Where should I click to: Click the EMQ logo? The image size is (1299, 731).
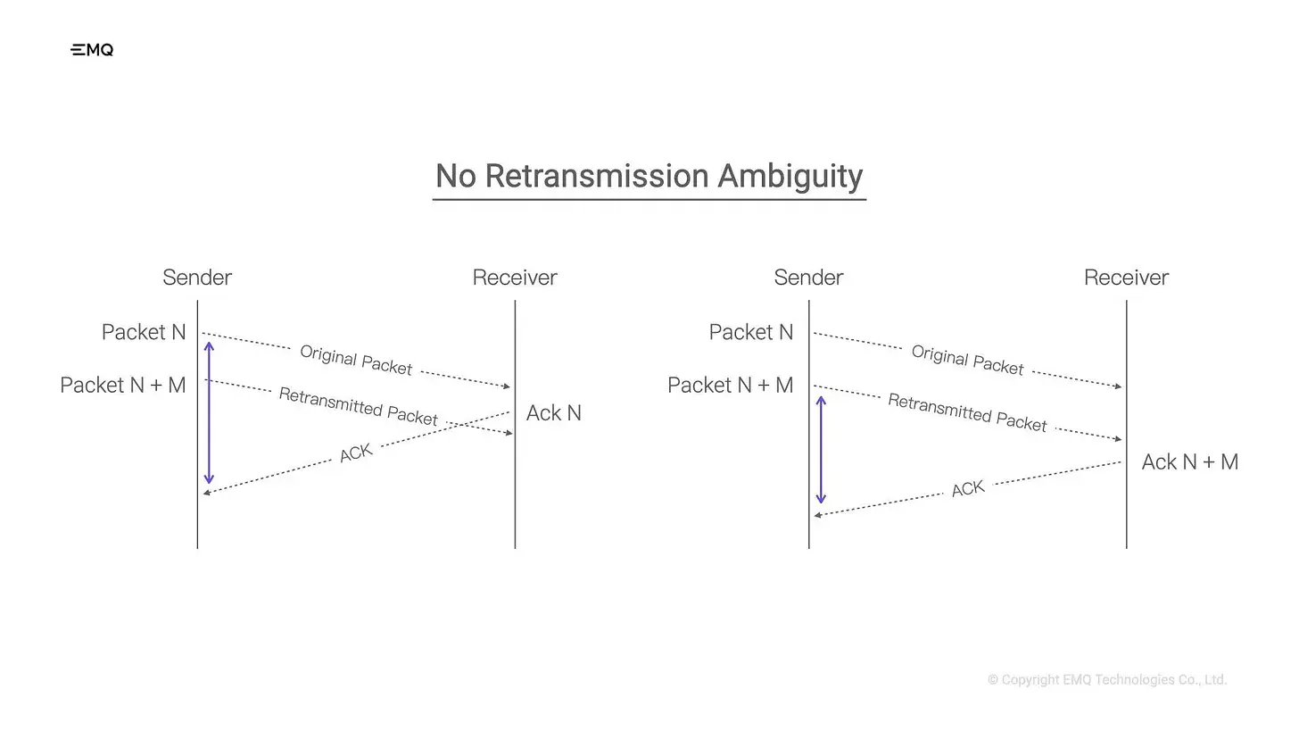(x=92, y=50)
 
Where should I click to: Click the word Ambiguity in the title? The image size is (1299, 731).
(x=790, y=176)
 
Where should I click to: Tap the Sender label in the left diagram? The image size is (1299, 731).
(x=197, y=278)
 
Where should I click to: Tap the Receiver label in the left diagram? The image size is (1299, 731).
(x=515, y=278)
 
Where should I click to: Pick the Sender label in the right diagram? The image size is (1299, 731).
(x=808, y=278)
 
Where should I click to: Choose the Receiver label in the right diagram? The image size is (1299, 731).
(x=1126, y=278)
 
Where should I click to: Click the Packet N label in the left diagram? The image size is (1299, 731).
(x=144, y=332)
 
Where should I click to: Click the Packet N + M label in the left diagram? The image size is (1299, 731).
(x=123, y=385)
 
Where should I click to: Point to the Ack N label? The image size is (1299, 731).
(x=554, y=413)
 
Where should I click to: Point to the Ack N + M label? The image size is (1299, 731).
(x=1190, y=462)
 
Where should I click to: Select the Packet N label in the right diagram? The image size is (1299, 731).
(x=751, y=332)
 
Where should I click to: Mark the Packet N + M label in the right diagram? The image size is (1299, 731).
(x=731, y=385)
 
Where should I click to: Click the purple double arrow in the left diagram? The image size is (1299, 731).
(x=209, y=412)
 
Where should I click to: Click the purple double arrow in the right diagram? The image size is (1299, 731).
(x=821, y=450)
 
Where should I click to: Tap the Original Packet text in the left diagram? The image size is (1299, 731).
(x=356, y=360)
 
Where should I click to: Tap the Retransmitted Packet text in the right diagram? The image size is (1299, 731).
(x=967, y=413)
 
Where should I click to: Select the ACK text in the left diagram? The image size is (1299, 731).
(x=356, y=453)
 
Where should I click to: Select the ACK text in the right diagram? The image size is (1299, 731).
(x=968, y=489)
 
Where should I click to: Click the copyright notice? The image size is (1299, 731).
(x=1107, y=680)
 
